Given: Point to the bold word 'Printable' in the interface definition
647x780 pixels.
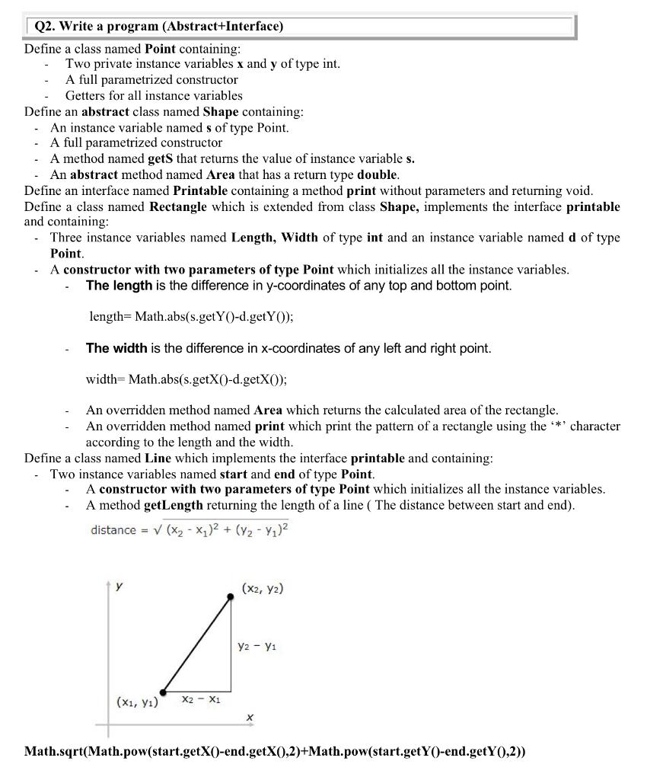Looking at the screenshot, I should click(201, 190).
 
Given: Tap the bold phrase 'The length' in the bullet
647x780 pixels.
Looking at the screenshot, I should click(120, 286).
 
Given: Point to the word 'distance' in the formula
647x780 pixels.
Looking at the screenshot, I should click(113, 529).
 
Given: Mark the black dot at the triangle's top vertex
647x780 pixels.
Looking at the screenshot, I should click(231, 599).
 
